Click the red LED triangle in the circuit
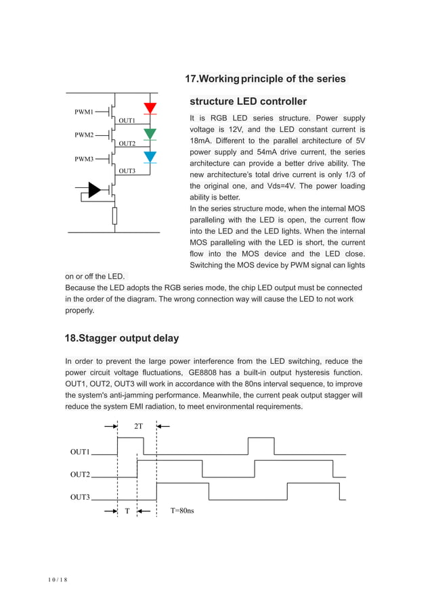click(150, 108)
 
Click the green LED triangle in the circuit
click(150, 133)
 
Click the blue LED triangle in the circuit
click(150, 157)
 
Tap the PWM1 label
click(84, 111)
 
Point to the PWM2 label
click(84, 135)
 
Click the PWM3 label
click(84, 159)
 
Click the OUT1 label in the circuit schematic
click(127, 120)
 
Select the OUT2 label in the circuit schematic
click(127, 144)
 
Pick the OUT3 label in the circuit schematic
click(127, 171)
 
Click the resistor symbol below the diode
click(114, 216)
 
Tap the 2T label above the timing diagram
click(138, 427)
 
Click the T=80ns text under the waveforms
click(182, 511)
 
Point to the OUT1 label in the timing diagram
click(80, 452)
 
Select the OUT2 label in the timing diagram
click(80, 475)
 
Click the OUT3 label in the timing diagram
click(80, 497)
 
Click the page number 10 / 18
click(58, 580)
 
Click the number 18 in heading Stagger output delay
click(70, 338)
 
